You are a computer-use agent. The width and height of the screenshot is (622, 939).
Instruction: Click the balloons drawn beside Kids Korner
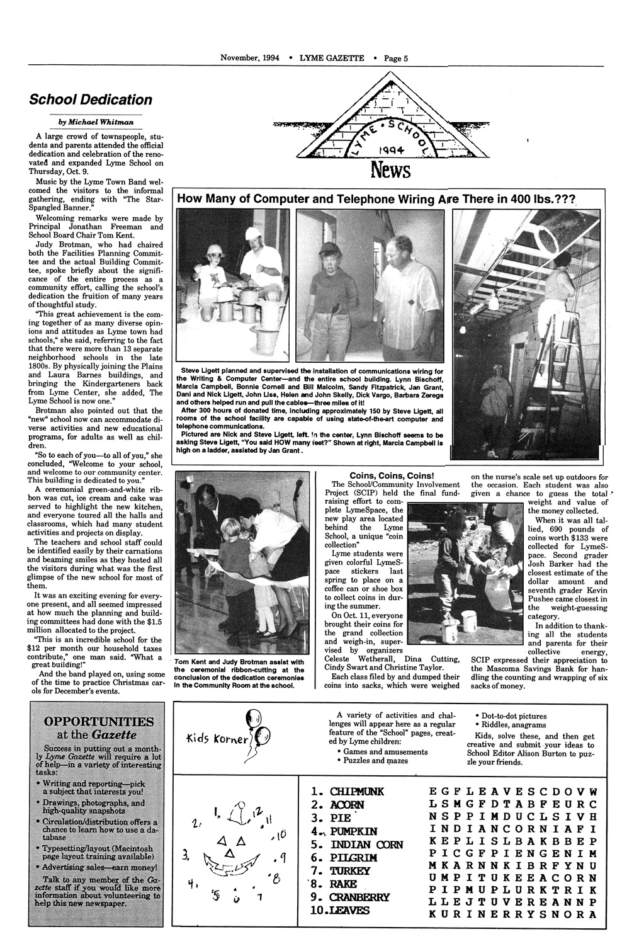pos(257,731)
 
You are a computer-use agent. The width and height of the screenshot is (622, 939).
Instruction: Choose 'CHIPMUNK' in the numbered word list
pos(351,791)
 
